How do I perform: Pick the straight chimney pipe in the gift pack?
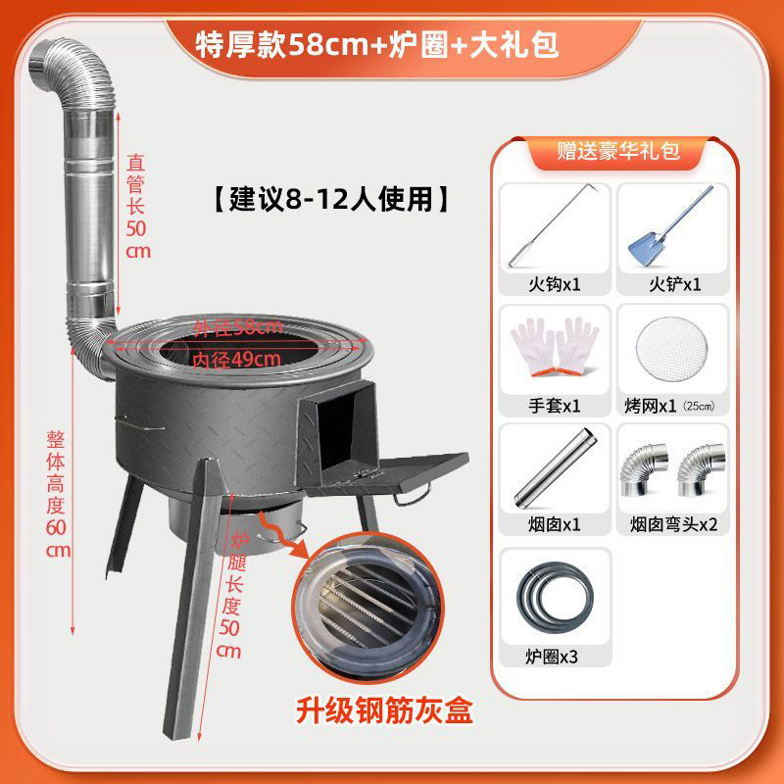555,468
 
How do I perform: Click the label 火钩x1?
555,285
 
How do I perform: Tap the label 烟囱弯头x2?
673,524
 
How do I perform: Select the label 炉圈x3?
552,656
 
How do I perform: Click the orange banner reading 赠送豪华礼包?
617,151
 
